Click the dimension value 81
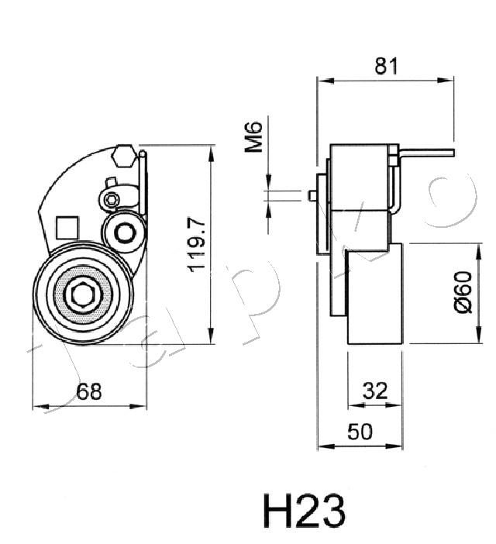point(385,67)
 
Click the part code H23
point(304,511)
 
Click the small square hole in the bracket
point(68,227)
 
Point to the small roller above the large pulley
point(123,232)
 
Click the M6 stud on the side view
point(313,194)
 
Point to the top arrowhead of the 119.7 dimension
point(211,150)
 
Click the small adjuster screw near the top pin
point(112,200)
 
